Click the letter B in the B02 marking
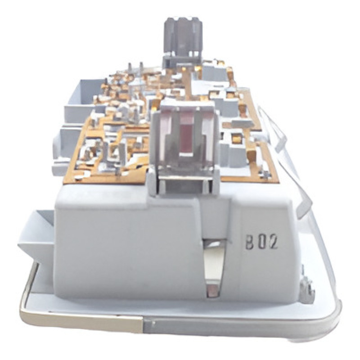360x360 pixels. click(x=250, y=242)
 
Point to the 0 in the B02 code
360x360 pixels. click(x=261, y=242)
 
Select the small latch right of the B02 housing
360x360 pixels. click(x=306, y=287)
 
